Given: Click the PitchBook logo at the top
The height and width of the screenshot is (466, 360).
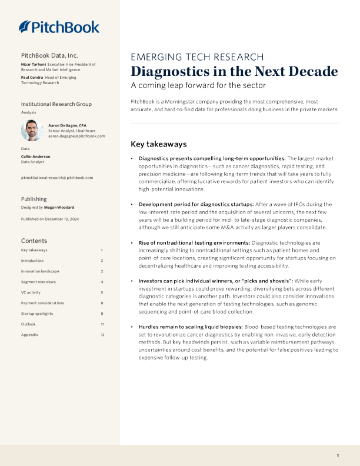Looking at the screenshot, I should tap(59, 26).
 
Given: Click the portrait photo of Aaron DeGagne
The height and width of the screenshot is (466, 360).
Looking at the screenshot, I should tap(32, 130).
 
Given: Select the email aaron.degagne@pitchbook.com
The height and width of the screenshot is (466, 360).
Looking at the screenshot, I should tap(76, 136).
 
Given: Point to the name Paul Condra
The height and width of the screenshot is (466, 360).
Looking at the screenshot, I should tap(33, 77).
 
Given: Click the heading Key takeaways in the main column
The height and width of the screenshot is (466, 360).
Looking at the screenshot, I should tap(158, 144).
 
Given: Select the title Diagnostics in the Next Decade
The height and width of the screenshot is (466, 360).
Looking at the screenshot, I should tap(234, 72).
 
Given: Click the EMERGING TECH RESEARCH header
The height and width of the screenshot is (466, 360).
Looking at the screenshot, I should tap(196, 57).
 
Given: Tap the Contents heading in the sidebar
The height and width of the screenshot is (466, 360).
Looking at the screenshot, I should tap(35, 241).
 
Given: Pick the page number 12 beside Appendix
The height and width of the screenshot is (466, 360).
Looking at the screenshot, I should tap(102, 335).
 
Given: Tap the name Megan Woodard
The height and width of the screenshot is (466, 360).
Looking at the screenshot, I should tap(58, 208).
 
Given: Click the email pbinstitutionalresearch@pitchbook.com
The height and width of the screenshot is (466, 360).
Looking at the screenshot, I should tap(56, 177).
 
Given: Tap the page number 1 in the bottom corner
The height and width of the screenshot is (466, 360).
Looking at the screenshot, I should tap(338, 456).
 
